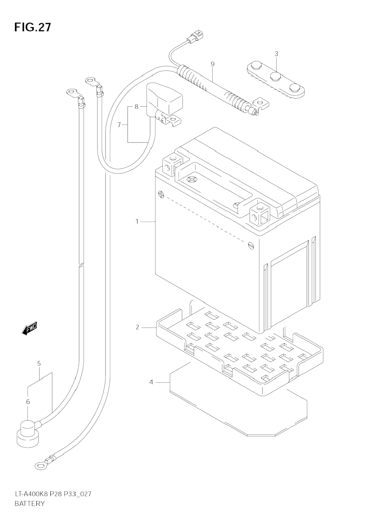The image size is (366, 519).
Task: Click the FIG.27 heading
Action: click(33, 27)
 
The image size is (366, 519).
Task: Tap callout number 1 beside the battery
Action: click(137, 221)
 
